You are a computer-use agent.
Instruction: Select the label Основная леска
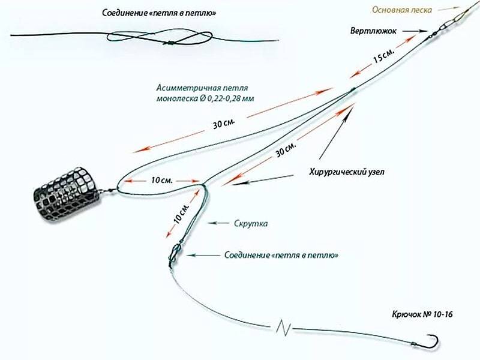(401, 10)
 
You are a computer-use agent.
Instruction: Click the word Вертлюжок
(373, 29)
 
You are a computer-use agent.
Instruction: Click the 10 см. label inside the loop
(162, 180)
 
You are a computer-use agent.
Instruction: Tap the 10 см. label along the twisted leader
(181, 214)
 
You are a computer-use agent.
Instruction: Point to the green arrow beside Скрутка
(219, 223)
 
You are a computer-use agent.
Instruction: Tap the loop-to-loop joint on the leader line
(174, 254)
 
